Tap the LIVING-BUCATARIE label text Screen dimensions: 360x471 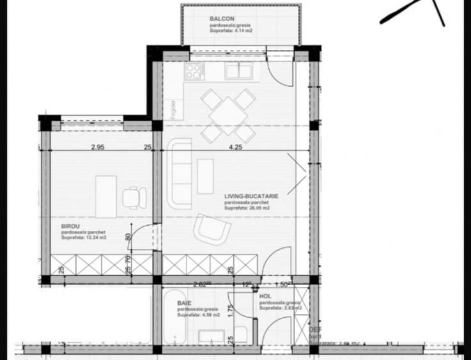[251, 196]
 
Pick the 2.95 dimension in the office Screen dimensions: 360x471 [97, 148]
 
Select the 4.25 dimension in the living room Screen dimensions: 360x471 [236, 148]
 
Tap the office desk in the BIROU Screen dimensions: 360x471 [106, 196]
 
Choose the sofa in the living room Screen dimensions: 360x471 [181, 174]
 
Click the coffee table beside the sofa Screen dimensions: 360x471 [205, 176]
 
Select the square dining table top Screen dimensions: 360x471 [228, 116]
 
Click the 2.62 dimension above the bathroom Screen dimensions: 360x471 [202, 284]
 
